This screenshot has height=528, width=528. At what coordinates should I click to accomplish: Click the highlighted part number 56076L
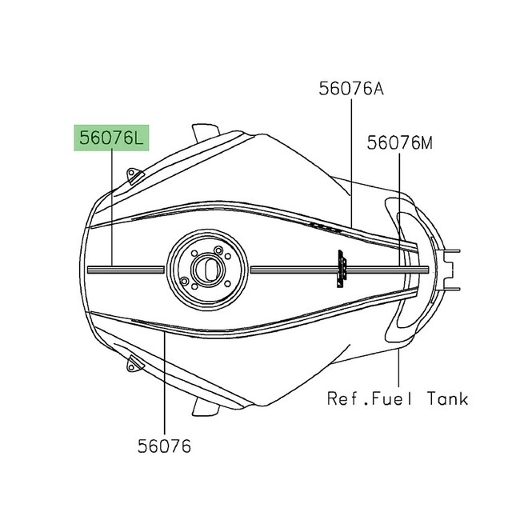[112, 138]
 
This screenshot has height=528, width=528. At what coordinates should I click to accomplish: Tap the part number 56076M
[400, 143]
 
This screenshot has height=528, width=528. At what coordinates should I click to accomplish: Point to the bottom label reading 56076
[163, 446]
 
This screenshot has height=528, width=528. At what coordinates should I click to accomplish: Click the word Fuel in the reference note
[390, 398]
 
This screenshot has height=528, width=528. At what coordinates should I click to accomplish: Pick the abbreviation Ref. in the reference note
[346, 398]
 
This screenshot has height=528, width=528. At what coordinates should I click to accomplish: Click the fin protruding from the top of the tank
[206, 130]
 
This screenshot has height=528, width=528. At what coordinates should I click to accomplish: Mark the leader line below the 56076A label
[352, 160]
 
